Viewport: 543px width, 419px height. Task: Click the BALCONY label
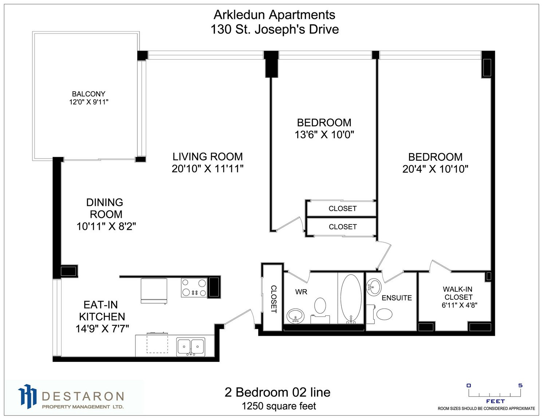click(88, 94)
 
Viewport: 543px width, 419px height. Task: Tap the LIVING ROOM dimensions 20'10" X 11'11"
click(208, 169)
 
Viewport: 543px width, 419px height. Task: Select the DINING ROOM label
click(105, 208)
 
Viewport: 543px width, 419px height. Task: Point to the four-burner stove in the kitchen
click(194, 288)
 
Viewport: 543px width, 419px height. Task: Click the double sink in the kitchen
click(191, 347)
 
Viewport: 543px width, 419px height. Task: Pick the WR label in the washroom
click(301, 292)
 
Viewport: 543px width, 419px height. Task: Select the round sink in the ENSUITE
click(374, 287)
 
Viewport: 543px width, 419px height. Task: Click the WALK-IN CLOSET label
click(458, 293)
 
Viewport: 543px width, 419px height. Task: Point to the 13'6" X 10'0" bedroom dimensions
click(324, 135)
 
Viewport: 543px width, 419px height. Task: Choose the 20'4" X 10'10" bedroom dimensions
click(435, 169)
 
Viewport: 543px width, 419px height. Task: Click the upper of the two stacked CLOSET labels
click(342, 208)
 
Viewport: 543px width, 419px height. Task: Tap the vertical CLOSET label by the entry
click(274, 299)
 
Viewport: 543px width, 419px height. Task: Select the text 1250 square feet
click(279, 406)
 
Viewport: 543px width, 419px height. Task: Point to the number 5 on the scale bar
click(520, 385)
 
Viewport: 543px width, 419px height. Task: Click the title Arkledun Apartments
click(274, 15)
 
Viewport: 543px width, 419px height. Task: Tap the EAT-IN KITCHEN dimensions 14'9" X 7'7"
click(102, 329)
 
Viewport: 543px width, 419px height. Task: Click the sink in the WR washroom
click(296, 316)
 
